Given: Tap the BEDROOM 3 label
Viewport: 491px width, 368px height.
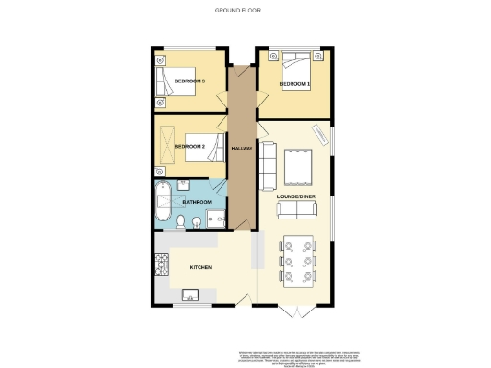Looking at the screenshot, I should point(189,81).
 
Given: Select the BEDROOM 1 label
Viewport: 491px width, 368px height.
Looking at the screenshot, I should point(294,84).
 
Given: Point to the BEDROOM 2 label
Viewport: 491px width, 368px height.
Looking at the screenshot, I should point(190,146).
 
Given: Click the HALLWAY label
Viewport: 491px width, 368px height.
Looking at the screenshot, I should point(242,149).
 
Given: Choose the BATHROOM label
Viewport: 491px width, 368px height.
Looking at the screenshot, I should point(197,202).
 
